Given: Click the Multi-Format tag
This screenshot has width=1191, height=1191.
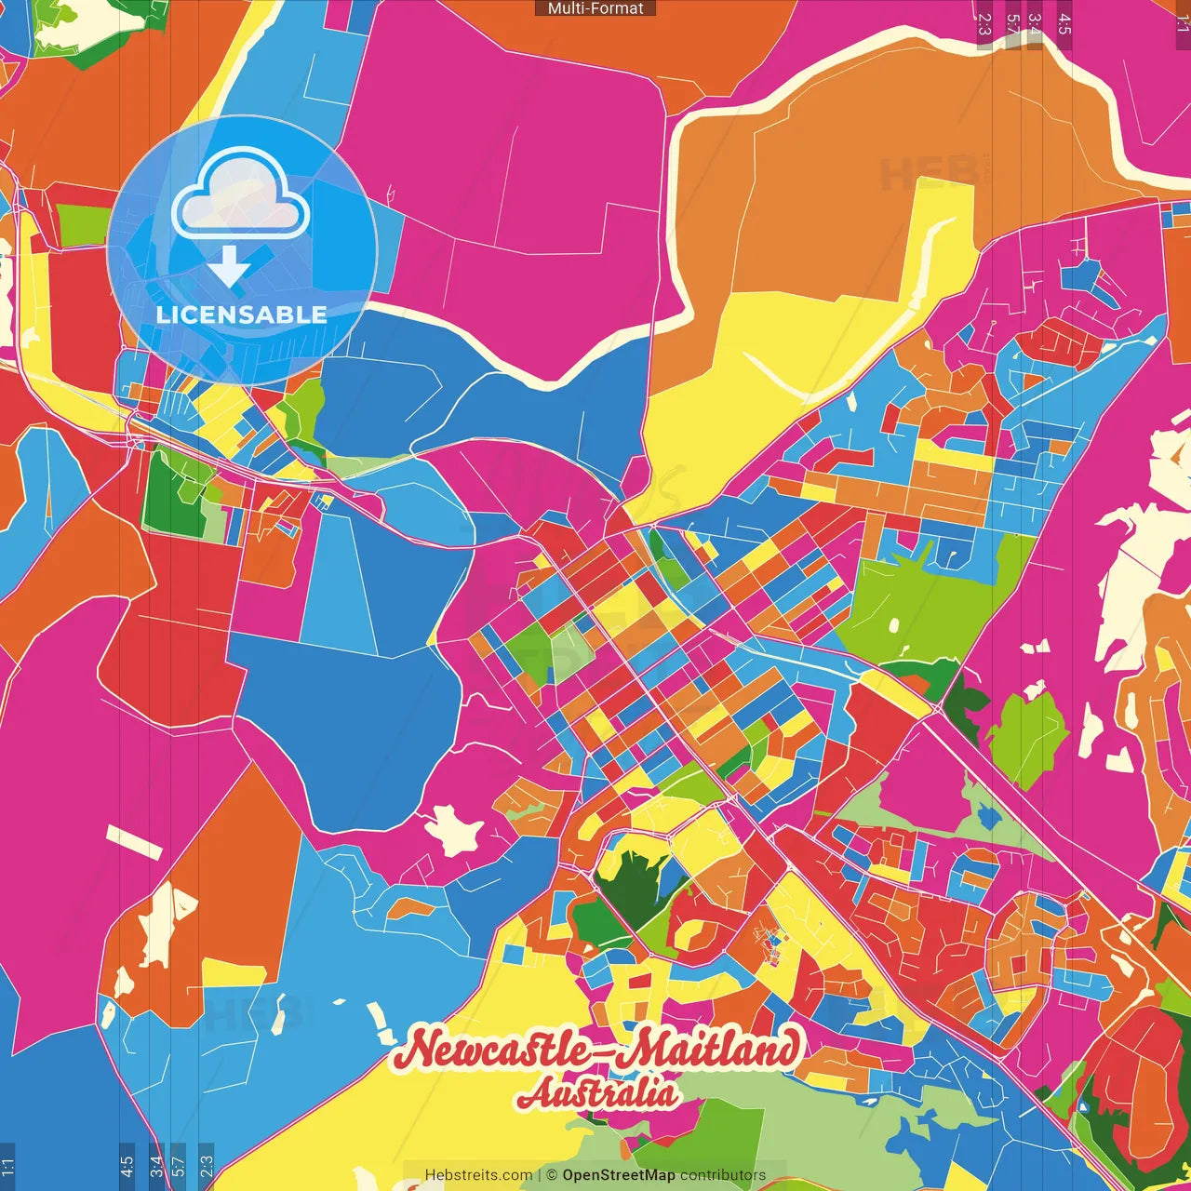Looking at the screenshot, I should (x=595, y=8).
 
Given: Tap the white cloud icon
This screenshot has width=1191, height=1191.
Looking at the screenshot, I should (x=241, y=197).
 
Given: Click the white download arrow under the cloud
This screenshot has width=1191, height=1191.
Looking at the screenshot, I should (x=229, y=267).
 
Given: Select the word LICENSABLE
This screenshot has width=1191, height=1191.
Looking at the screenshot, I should (x=242, y=314).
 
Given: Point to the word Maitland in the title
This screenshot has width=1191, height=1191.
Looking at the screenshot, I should (x=706, y=1050).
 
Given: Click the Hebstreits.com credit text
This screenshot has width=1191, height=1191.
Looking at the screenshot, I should (x=478, y=1175).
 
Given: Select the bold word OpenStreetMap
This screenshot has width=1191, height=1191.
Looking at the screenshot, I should (x=619, y=1175).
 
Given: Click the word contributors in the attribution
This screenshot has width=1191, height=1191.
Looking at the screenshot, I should (x=723, y=1175).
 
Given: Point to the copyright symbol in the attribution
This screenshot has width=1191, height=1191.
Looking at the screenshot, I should (x=553, y=1175).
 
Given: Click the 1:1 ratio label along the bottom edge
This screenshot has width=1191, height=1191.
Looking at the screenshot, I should (x=7, y=1166).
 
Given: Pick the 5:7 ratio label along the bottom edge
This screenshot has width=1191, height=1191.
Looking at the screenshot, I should (x=179, y=1166).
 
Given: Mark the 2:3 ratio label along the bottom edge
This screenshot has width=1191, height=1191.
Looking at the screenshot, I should (x=207, y=1166).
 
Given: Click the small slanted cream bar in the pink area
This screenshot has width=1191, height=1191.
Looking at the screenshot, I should (x=134, y=842).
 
